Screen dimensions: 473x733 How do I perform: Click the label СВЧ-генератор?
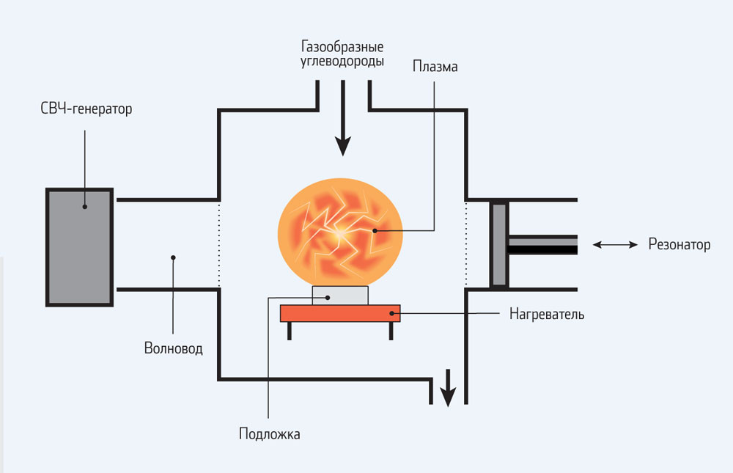[86, 110]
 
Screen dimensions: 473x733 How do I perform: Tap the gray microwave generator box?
[80, 246]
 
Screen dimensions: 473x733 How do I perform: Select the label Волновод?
[173, 348]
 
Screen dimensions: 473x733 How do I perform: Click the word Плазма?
[435, 67]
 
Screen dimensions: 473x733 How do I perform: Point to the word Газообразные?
[342, 45]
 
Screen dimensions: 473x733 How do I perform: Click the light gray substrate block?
[340, 295]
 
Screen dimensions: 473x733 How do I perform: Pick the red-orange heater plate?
[340, 313]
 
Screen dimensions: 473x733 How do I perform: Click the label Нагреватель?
[547, 315]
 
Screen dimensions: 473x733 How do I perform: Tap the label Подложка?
[269, 433]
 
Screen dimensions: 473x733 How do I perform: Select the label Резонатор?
[679, 245]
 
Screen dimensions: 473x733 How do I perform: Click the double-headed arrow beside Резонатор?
[615, 245]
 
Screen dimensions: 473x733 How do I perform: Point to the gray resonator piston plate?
[498, 245]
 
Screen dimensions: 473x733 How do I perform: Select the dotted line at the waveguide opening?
[219, 245]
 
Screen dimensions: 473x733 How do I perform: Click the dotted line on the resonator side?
[466, 245]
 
